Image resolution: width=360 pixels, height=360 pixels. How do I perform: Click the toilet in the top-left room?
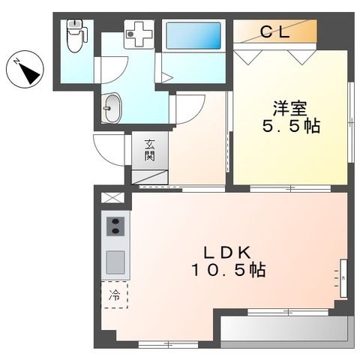pyautogui.click(x=76, y=36)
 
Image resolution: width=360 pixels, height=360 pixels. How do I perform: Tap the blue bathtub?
pyautogui.click(x=193, y=36)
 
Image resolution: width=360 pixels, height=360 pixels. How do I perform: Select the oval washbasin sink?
pyautogui.click(x=112, y=108)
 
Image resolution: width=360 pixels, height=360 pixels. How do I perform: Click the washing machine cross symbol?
pyautogui.click(x=139, y=34)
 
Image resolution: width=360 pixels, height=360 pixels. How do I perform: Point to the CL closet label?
pyautogui.click(x=275, y=32)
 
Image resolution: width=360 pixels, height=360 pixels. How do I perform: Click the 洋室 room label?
pyautogui.click(x=290, y=108)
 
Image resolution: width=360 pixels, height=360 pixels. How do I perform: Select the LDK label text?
pyautogui.click(x=227, y=252)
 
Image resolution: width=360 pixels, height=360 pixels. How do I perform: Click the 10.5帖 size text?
pyautogui.click(x=229, y=269)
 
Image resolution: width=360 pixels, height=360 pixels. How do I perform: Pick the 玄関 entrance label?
pyautogui.click(x=150, y=150)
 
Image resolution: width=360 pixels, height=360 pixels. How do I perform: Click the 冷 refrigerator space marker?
pyautogui.click(x=114, y=295)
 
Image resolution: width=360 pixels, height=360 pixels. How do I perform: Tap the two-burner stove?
pyautogui.click(x=115, y=226)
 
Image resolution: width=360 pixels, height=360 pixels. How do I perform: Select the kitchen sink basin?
pyautogui.click(x=115, y=262)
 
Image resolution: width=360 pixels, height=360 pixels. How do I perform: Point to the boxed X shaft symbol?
pyautogui.click(x=112, y=198)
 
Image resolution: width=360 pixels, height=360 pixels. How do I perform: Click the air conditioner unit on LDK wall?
pyautogui.click(x=343, y=278)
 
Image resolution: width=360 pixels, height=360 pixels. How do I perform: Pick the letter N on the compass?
pyautogui.click(x=17, y=61)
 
